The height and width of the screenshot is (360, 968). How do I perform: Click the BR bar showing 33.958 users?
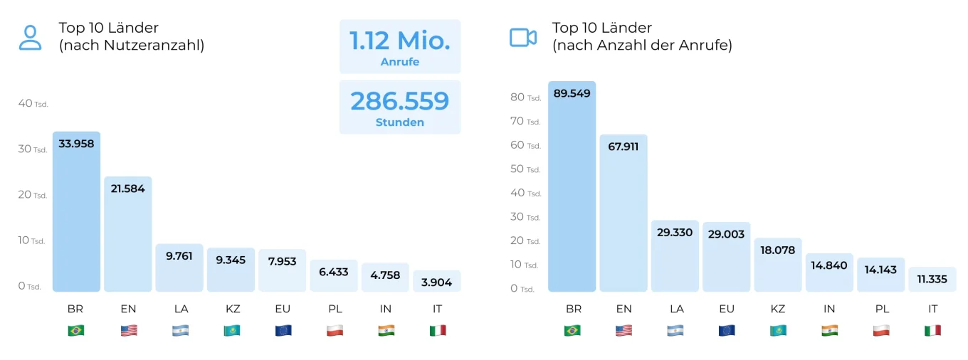tap(76, 213)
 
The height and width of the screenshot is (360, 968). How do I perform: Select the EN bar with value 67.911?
tap(624, 213)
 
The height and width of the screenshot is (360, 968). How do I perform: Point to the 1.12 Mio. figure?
tap(399, 40)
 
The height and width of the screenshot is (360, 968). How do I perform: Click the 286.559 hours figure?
tap(399, 101)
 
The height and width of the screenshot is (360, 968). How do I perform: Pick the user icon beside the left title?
tap(30, 38)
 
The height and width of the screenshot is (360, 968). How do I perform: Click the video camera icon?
tap(523, 38)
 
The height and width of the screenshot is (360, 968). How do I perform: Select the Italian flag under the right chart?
tap(932, 330)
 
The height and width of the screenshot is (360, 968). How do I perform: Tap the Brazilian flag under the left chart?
tap(76, 330)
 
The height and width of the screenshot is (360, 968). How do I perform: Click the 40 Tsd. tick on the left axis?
tap(33, 104)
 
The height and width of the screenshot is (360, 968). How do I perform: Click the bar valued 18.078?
tap(778, 267)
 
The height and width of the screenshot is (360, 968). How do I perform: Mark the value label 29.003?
tap(727, 233)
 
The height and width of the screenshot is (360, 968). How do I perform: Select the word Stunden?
tap(399, 122)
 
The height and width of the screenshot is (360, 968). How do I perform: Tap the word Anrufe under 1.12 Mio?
tap(399, 62)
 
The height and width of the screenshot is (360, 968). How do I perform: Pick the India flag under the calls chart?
tap(829, 330)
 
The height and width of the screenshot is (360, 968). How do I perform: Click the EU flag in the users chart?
tap(283, 330)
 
